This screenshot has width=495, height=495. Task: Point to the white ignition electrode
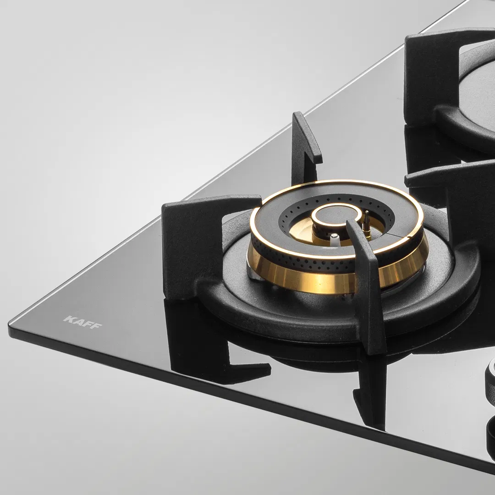[x=335, y=239]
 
